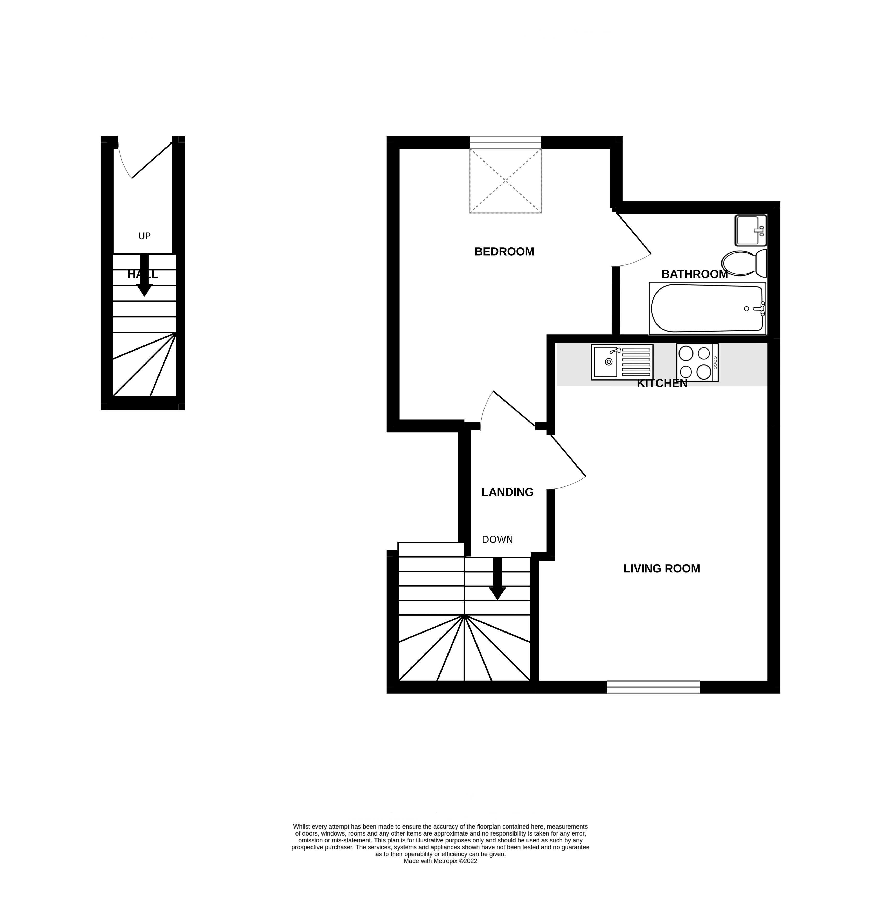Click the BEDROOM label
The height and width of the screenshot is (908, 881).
click(504, 252)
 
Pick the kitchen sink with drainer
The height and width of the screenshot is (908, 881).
click(622, 362)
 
